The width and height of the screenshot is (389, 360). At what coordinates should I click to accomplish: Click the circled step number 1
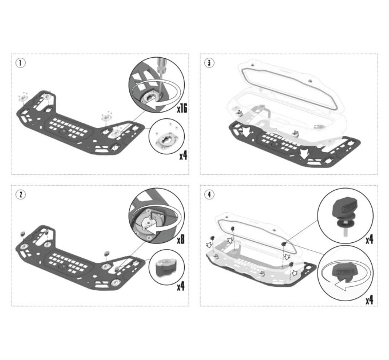pos(21,63)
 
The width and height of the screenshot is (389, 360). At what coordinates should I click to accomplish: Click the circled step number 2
pos(21,194)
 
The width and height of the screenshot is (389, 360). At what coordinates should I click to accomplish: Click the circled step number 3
pos(209,63)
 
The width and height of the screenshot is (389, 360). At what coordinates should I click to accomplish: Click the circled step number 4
pos(209,194)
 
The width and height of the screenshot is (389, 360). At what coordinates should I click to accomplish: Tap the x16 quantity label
pos(182,108)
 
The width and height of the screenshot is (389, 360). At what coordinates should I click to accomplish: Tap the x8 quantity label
pos(181,239)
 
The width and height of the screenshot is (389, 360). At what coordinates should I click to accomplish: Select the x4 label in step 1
pos(183,155)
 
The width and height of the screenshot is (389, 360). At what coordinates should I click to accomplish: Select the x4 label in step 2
pos(181,287)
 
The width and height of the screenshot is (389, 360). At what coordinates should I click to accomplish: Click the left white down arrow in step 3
pos(246,132)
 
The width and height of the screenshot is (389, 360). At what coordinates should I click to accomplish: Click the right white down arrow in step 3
pos(304,153)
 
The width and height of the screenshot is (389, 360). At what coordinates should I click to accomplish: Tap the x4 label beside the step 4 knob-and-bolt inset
pos(370,239)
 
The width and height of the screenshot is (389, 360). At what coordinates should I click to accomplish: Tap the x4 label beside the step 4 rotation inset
pos(370,300)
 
